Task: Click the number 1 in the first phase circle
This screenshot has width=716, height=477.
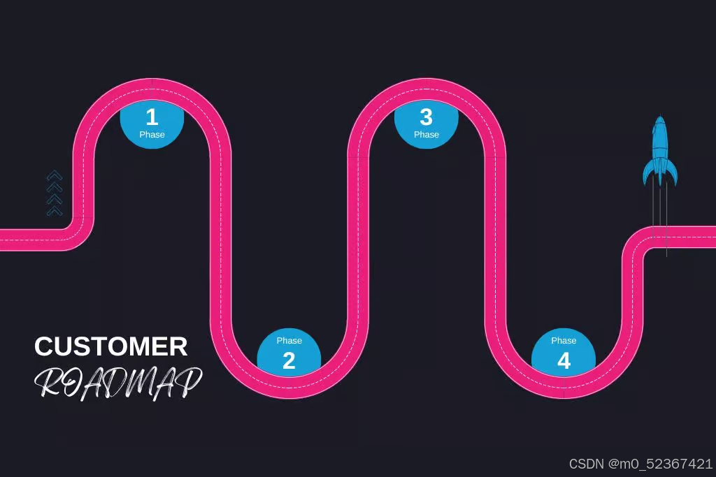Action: (152, 117)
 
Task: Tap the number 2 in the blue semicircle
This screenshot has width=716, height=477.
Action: (289, 361)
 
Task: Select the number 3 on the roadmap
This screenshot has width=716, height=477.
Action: (426, 116)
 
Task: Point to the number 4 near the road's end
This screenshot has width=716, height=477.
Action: (564, 361)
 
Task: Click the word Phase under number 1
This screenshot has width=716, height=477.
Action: (152, 135)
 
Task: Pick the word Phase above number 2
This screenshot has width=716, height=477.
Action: (289, 341)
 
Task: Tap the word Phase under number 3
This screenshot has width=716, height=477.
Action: (426, 135)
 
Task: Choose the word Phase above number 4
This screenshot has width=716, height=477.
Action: (564, 341)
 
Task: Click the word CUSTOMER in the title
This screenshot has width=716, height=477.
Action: (111, 347)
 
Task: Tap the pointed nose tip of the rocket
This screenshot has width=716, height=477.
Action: (659, 117)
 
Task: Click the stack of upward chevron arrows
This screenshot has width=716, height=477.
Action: (55, 193)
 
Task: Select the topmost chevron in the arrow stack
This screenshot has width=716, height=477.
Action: (55, 175)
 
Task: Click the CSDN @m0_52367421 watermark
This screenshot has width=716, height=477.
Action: (640, 464)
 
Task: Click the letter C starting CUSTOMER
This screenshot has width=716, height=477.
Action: (44, 347)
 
